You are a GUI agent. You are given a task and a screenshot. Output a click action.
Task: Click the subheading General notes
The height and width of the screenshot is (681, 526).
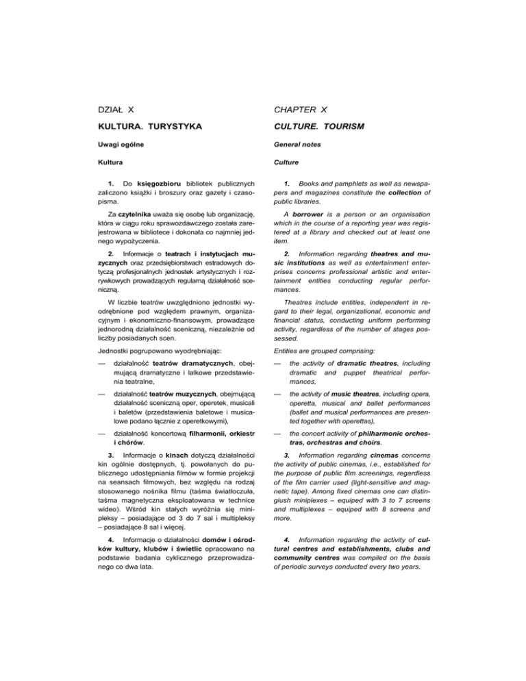pyautogui.click(x=305, y=147)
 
